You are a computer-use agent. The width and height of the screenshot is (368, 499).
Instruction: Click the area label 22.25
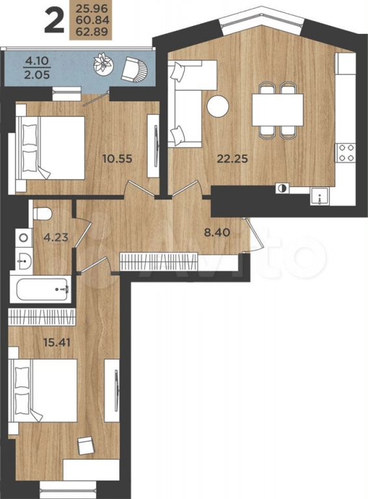(232, 158)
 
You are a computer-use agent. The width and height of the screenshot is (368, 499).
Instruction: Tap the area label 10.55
(117, 158)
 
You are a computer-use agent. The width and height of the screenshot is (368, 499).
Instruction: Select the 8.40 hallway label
(217, 232)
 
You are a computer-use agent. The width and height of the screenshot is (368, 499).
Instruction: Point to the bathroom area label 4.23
(56, 237)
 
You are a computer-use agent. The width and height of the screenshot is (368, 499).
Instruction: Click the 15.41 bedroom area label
(57, 343)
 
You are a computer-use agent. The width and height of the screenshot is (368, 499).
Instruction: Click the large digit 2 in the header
(55, 21)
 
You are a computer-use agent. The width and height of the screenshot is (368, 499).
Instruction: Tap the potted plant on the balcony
(103, 62)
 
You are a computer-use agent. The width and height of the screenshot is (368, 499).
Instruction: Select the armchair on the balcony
(134, 68)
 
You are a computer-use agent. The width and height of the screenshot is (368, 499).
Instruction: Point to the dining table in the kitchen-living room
(278, 110)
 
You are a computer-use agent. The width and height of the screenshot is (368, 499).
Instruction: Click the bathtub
(42, 290)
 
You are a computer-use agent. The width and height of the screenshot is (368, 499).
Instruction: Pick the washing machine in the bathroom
(23, 237)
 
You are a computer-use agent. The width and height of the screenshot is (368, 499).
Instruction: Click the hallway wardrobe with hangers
(159, 262)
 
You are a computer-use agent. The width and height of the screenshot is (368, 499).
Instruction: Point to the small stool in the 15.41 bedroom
(86, 446)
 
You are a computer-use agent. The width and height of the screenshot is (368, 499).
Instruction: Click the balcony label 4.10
(37, 60)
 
